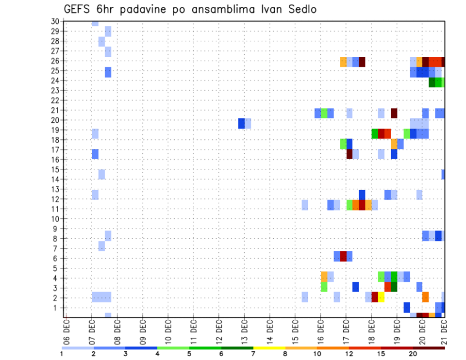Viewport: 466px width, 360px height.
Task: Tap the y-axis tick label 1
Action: (x=57, y=308)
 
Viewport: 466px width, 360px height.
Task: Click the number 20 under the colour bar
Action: (x=413, y=354)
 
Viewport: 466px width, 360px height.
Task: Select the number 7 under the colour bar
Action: (x=253, y=354)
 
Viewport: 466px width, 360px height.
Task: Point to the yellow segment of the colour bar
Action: (x=269, y=347)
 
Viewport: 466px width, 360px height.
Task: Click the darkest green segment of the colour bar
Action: (x=237, y=347)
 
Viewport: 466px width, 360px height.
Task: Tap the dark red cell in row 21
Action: (x=394, y=113)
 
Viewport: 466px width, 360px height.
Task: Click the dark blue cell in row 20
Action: (x=241, y=123)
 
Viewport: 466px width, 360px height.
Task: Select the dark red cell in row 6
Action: (x=343, y=256)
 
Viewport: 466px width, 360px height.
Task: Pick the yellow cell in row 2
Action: (x=381, y=297)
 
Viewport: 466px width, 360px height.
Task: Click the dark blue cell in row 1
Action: (x=407, y=307)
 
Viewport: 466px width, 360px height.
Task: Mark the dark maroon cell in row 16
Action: (x=349, y=154)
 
